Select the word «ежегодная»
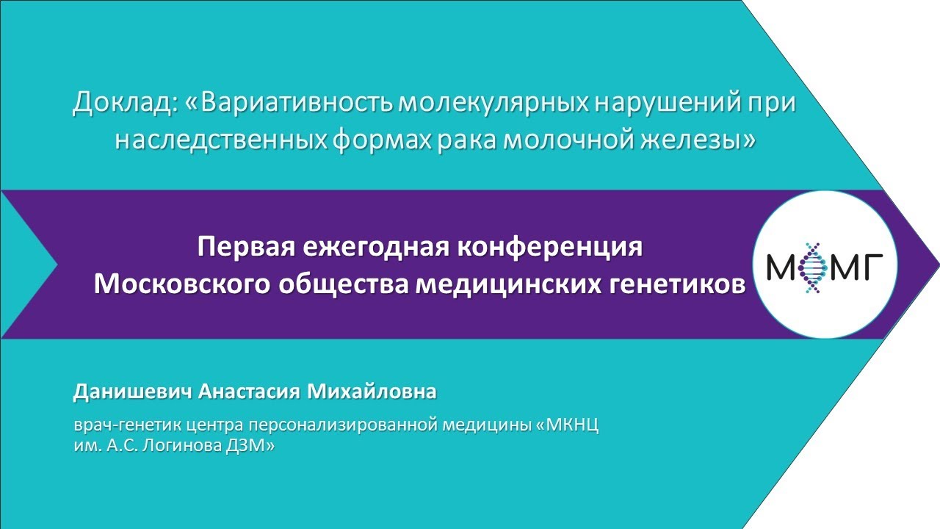click(367, 248)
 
